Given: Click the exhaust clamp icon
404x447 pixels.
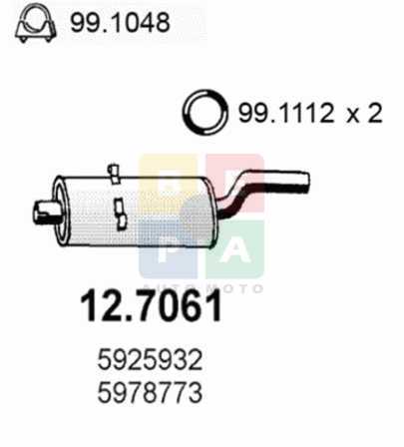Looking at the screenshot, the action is [36, 23].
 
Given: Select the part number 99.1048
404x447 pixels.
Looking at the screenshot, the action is [120, 23].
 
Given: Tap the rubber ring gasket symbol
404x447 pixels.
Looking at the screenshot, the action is [205, 112].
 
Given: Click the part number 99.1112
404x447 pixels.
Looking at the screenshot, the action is [285, 113].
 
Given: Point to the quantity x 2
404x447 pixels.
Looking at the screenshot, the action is [364, 114].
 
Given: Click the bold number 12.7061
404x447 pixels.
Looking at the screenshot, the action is [151, 305].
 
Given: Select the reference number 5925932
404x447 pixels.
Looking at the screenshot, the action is [150, 360].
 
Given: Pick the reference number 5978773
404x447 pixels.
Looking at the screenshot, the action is [150, 392].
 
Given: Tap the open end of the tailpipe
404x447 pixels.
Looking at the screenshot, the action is [305, 182].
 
